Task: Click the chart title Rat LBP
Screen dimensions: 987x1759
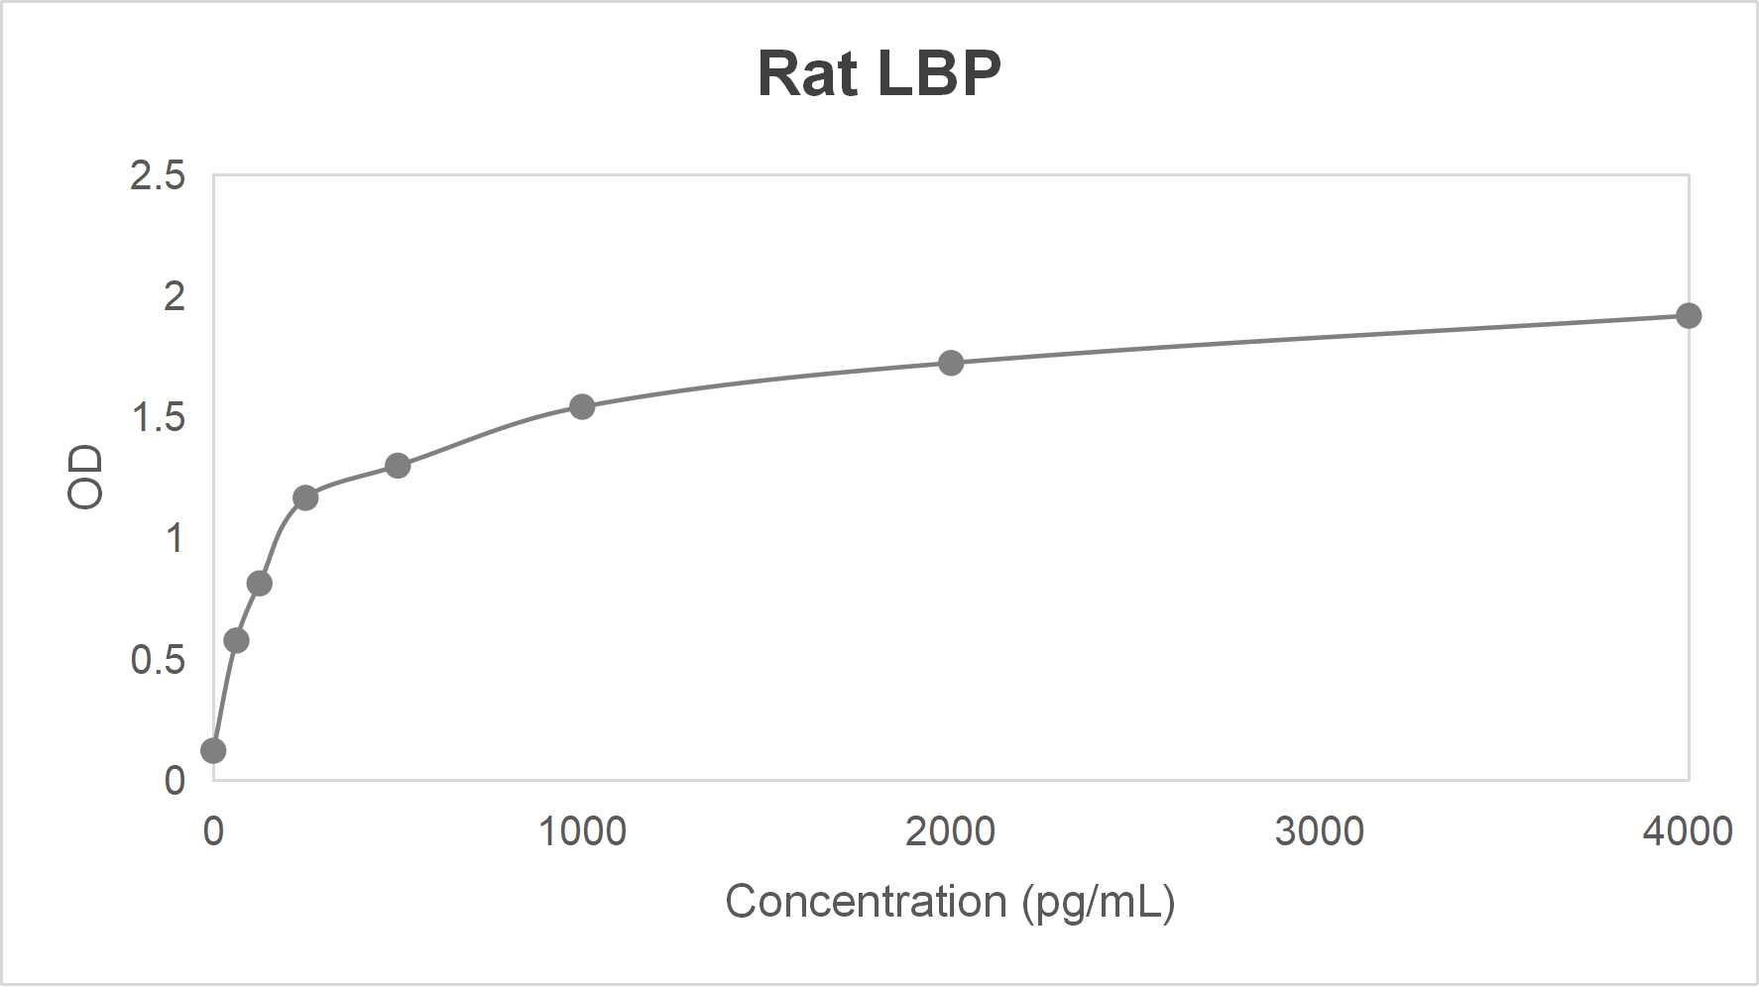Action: pos(879,73)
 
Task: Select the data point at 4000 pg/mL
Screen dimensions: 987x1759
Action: pos(1688,316)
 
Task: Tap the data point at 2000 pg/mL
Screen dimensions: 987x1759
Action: pos(950,363)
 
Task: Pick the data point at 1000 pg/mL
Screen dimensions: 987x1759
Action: pos(582,406)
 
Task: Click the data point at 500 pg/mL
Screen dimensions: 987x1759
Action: pos(398,465)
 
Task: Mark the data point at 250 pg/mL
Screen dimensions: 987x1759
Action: pos(305,497)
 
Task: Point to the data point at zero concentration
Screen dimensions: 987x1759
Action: pos(213,750)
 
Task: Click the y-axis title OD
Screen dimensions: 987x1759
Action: pos(85,477)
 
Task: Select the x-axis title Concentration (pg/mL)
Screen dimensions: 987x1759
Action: pos(950,902)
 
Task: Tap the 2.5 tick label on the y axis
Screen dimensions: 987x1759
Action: pos(158,175)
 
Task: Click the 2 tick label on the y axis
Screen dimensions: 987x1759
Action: pos(174,296)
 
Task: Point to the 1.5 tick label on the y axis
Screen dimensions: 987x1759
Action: pos(158,418)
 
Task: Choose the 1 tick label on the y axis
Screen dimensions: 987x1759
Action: pos(175,539)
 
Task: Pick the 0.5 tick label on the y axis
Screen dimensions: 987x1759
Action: pos(158,660)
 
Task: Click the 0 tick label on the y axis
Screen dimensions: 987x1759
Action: pos(175,781)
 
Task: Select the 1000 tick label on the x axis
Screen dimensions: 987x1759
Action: pos(582,830)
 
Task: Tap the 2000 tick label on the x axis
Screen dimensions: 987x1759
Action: pos(950,830)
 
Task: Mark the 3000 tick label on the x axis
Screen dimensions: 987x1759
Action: pos(1319,830)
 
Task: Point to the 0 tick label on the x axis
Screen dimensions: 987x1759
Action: pos(213,830)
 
